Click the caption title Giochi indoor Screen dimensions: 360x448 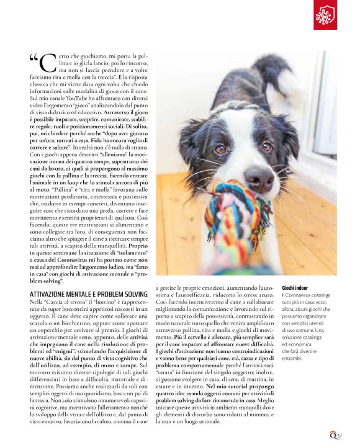(x=295, y=289)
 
